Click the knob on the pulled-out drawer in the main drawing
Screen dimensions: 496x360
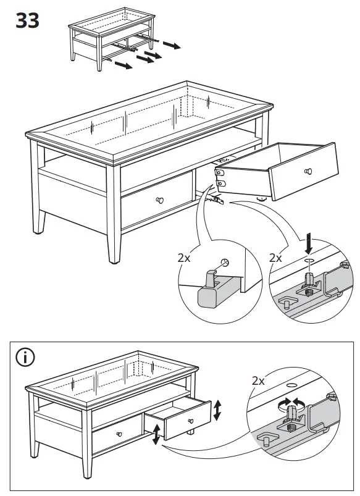308,171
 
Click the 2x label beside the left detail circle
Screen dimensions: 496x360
184,258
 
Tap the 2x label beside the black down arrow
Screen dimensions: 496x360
276,258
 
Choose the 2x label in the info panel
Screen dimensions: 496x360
259,381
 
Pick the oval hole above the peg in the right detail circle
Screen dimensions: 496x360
309,262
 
